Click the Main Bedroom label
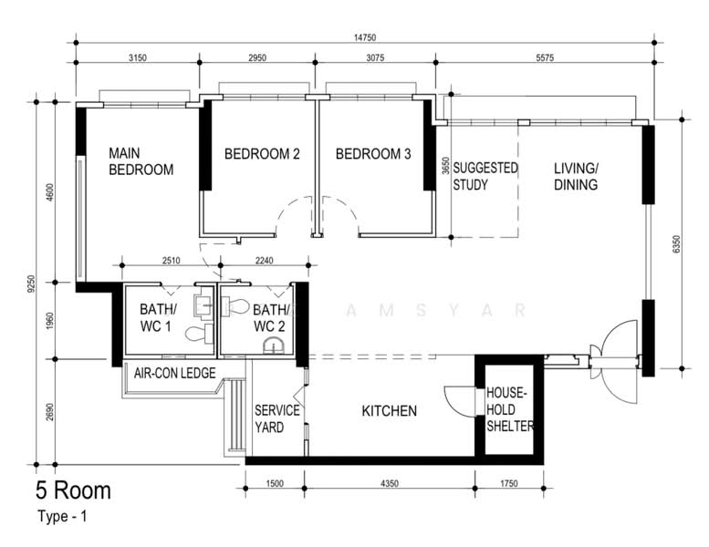(141, 161)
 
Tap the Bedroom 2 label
(262, 154)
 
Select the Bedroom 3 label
(373, 154)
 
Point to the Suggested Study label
(485, 176)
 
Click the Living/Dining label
(576, 176)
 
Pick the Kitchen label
(390, 410)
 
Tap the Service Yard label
(276, 418)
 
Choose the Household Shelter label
(509, 409)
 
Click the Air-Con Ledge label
(175, 373)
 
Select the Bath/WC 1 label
(158, 317)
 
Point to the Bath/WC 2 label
(270, 318)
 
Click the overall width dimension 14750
(365, 37)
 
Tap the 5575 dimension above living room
(545, 57)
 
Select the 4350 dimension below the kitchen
(390, 483)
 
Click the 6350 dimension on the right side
(676, 244)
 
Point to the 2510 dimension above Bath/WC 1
(171, 260)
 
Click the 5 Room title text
(73, 490)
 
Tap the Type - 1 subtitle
(62, 516)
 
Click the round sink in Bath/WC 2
(274, 346)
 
